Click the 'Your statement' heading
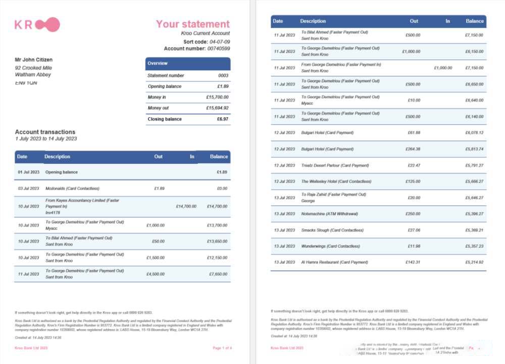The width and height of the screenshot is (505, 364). click(192, 24)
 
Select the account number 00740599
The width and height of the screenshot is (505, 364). click(219, 49)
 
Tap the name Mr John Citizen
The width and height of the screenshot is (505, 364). click(33, 60)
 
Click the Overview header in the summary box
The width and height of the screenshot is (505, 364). click(158, 63)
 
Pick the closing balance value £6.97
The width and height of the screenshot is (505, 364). click(222, 119)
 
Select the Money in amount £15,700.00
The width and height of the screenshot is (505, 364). click(217, 97)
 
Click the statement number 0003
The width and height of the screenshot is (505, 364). click(223, 75)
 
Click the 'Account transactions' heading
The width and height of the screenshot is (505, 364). click(45, 132)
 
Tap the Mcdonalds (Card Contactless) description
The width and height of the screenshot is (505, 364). click(72, 188)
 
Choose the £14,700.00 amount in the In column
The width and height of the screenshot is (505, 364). click(186, 206)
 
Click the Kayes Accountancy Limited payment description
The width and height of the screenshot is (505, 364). click(82, 201)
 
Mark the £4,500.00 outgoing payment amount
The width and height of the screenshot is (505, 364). click(155, 274)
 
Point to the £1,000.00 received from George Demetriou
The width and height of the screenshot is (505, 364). click(443, 68)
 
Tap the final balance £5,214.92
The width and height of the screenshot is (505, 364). click(474, 262)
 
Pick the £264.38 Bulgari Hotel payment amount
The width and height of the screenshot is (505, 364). click(413, 149)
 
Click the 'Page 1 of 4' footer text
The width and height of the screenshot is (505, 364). click(222, 348)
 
